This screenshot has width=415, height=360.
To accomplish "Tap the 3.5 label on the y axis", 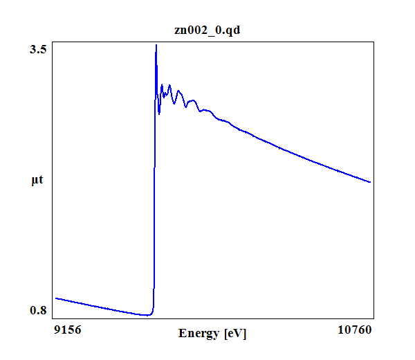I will (38, 51).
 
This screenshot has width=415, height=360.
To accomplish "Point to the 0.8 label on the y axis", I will (38, 310).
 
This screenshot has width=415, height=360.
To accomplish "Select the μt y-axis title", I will (37, 181).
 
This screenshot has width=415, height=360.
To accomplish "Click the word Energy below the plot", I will (200, 333).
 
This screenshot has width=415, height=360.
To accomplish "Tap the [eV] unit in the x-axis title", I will (234, 333).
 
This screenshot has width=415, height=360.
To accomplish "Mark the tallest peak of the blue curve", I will (156, 45).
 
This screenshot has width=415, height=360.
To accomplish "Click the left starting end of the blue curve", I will (56, 298).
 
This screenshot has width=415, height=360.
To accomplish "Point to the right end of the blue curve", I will (371, 182).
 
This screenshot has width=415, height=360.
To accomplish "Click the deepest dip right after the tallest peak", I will (159, 113).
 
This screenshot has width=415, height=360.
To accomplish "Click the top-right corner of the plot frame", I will (374, 42).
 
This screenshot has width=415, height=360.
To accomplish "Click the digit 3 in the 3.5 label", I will (33, 51).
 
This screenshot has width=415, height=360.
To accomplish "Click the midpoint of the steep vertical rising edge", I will (154, 180).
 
